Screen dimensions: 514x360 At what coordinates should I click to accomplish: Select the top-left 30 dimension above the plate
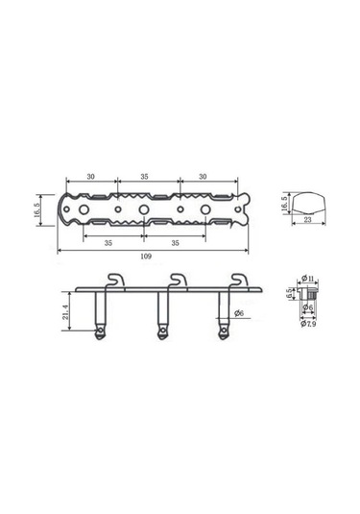click(89, 176)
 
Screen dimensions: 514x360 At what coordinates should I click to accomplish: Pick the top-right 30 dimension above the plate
click(203, 176)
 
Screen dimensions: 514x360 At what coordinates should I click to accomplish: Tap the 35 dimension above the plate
click(146, 176)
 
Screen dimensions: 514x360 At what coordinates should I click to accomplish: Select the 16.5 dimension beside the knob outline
click(283, 203)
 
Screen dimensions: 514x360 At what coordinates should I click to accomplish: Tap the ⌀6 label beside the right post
click(238, 313)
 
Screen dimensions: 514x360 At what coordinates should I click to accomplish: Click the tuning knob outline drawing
click(309, 203)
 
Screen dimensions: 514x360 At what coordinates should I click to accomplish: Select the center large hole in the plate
click(144, 208)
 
